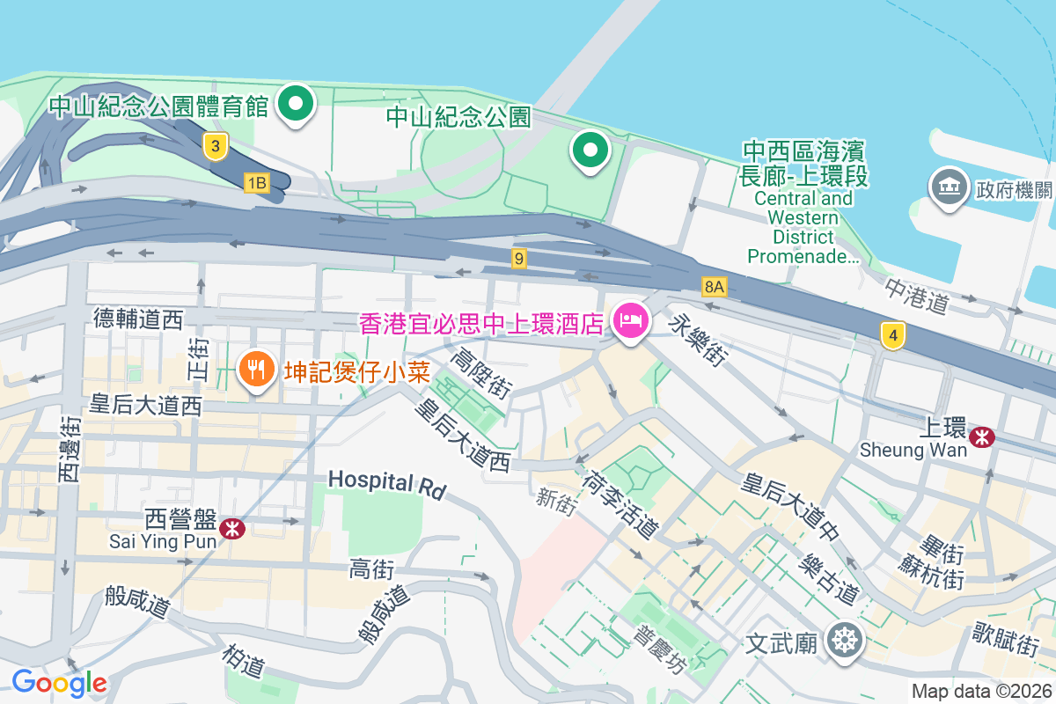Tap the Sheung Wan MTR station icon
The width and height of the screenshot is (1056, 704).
click(980, 436)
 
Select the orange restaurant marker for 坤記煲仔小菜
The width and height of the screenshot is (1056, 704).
click(256, 369)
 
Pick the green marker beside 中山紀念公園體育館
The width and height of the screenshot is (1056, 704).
click(297, 106)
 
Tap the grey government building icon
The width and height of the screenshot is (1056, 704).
click(948, 187)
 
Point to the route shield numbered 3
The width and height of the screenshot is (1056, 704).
click(213, 146)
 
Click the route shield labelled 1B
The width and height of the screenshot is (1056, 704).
click(256, 182)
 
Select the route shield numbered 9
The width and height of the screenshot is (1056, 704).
click(520, 258)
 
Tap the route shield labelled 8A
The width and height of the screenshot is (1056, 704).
click(715, 286)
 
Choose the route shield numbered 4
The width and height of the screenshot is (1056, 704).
click(893, 334)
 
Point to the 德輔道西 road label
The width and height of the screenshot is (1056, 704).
click(139, 319)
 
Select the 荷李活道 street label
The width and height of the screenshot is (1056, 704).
click(620, 502)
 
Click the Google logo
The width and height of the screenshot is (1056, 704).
click(60, 682)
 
